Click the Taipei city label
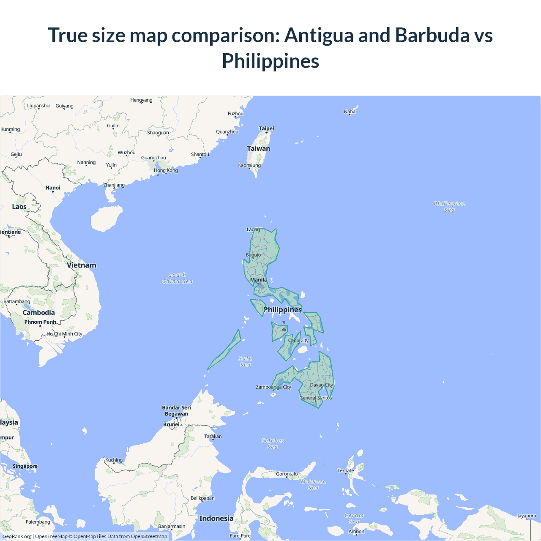click(x=266, y=128)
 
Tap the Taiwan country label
click(x=258, y=149)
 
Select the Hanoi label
click(x=53, y=188)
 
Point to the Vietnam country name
click(x=82, y=265)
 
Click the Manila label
click(x=258, y=280)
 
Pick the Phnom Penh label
click(x=40, y=322)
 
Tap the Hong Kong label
click(x=166, y=170)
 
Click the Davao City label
click(x=321, y=385)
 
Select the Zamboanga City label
click(x=273, y=387)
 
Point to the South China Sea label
click(x=178, y=278)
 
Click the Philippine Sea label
click(x=449, y=207)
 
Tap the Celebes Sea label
click(x=273, y=444)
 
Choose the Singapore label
click(x=25, y=466)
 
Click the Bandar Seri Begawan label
click(x=176, y=411)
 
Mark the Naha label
click(x=350, y=112)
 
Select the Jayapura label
click(x=526, y=516)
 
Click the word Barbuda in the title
click(x=432, y=35)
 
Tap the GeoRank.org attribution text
click(x=17, y=536)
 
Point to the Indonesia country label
click(x=216, y=519)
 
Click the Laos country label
click(x=19, y=207)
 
